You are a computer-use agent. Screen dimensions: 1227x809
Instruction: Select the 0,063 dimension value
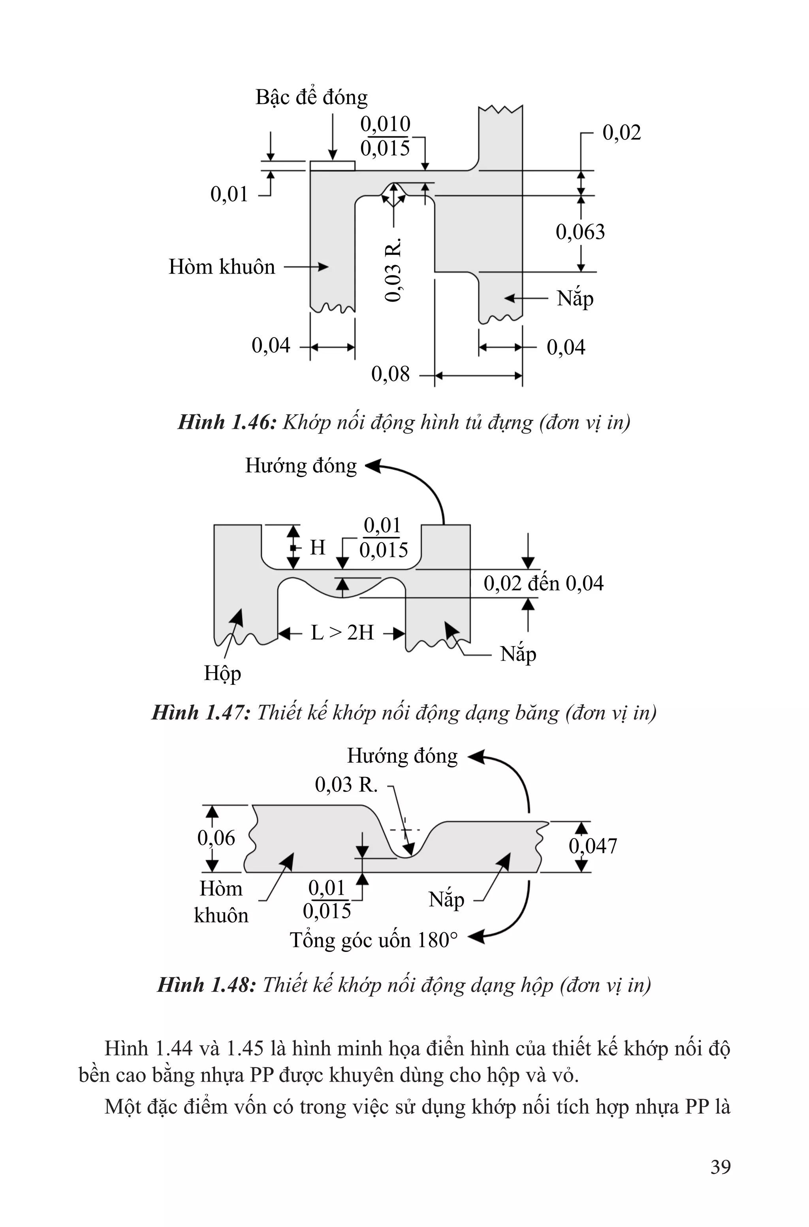coord(580,232)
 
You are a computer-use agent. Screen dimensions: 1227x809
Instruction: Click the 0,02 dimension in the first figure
coord(621,133)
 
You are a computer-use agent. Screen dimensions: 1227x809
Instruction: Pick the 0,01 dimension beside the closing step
coord(229,194)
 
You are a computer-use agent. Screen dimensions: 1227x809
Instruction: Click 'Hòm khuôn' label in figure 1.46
coord(222,267)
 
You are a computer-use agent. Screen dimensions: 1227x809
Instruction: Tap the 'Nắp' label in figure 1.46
coord(575,299)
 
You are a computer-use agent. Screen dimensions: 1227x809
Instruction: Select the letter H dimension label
coord(317,547)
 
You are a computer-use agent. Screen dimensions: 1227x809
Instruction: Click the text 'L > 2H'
coord(342,633)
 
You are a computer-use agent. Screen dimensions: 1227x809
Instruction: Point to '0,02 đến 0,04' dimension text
coord(543,584)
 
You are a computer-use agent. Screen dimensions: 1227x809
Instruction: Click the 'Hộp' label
coord(222,673)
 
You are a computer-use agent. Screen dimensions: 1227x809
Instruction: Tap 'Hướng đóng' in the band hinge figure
coord(301,466)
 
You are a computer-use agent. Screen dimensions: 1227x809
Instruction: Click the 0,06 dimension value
coord(216,838)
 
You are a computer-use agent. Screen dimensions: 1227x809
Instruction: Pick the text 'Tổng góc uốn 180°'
coord(374,940)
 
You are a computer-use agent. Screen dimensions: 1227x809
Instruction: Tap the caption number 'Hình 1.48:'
coord(206,985)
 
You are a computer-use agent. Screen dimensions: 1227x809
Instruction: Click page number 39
coord(720,1167)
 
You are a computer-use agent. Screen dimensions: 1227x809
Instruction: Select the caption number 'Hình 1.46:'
coord(227,422)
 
